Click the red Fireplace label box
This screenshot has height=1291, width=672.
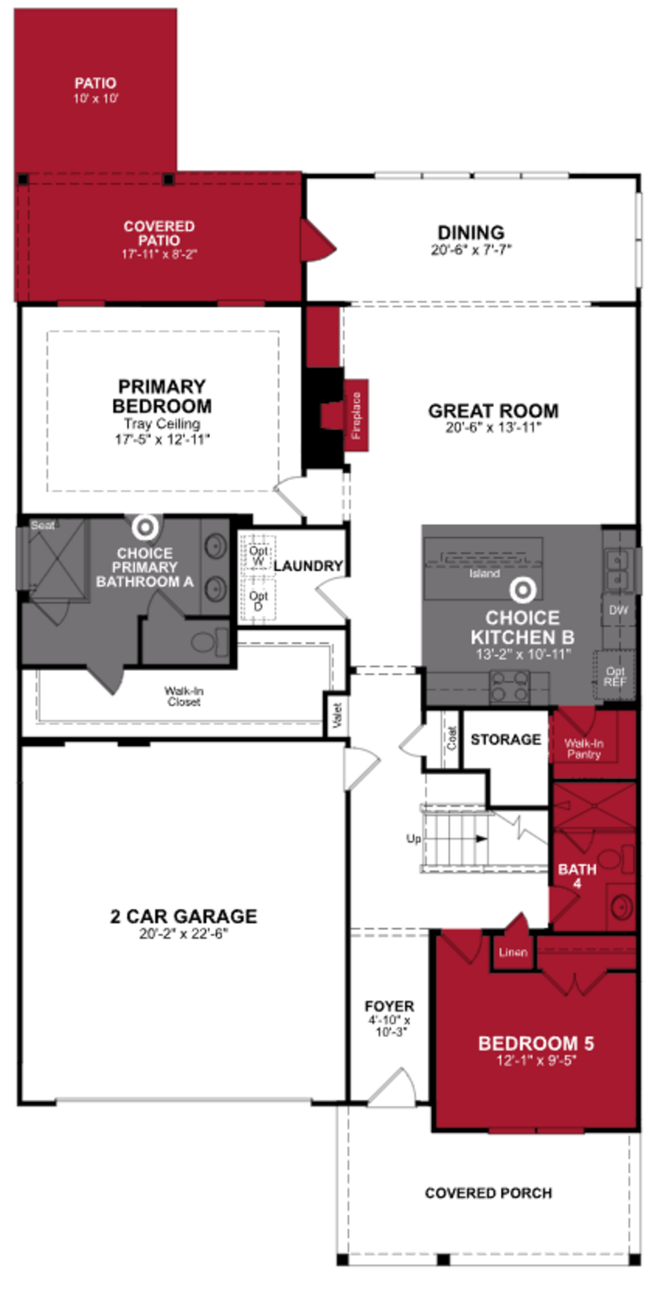click(356, 415)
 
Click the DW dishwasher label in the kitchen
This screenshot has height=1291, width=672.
click(618, 610)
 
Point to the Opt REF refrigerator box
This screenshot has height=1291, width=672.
click(614, 676)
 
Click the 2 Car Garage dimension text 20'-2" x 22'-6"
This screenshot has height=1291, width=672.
click(183, 933)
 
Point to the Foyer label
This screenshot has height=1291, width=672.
click(389, 1006)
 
